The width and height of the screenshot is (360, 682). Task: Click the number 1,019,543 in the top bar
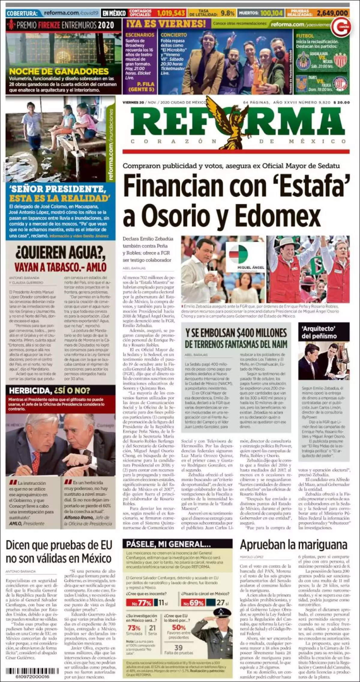(x=171, y=13)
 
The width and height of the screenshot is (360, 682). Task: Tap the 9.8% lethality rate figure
(x=227, y=13)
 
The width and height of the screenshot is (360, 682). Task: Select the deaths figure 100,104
(x=271, y=13)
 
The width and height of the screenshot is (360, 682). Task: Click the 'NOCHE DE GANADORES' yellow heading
(x=59, y=71)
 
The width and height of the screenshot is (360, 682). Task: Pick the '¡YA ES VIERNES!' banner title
(x=166, y=24)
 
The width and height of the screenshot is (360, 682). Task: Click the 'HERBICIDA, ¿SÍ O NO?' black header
(x=49, y=390)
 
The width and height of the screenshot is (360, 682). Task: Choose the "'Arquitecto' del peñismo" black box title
(x=324, y=332)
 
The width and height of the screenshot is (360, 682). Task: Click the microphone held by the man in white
(x=211, y=267)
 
